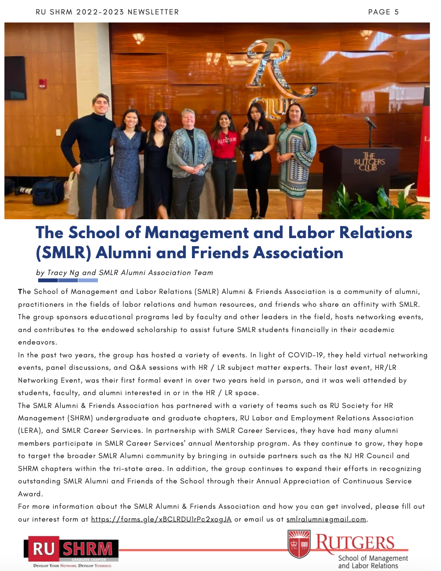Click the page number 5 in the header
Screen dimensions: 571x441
pos(396,12)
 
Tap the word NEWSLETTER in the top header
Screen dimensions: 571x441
pos(153,12)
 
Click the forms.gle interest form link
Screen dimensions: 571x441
pos(161,519)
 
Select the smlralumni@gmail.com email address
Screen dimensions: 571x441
pos(326,519)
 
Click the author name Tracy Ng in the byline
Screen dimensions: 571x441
pos(63,273)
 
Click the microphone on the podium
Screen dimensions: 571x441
pos(370,122)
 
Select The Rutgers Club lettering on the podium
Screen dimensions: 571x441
pos(369,161)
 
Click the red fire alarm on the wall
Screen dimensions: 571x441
pos(42,84)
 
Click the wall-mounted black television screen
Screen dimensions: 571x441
pos(15,78)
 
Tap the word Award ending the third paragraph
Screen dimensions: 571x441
pos(30,494)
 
